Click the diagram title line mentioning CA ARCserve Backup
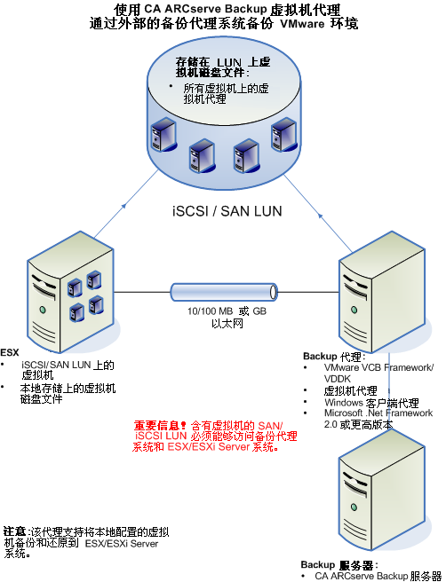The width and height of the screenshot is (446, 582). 222,10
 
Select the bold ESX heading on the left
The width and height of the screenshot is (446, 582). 9,351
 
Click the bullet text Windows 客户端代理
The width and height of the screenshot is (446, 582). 365,402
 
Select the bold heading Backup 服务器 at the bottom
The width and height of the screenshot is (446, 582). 338,564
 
